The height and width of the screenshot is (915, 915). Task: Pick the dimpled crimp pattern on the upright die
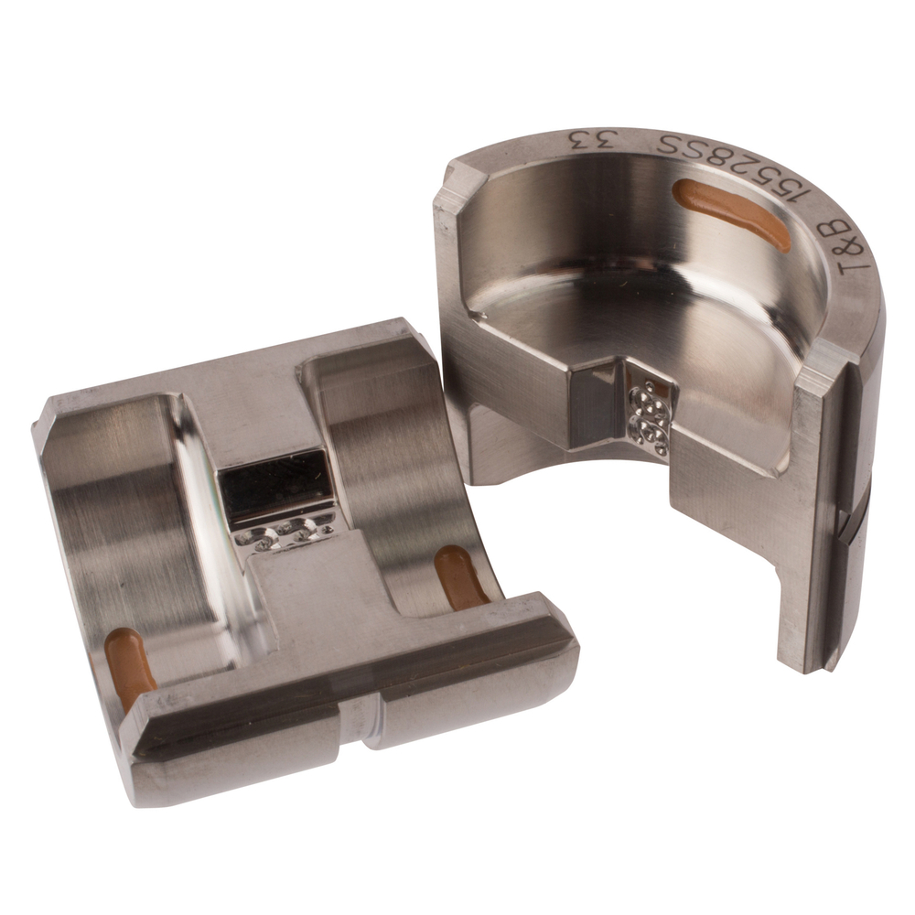(651, 409)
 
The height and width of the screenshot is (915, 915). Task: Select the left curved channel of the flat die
(137, 531)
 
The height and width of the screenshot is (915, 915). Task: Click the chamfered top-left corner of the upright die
(453, 183)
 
